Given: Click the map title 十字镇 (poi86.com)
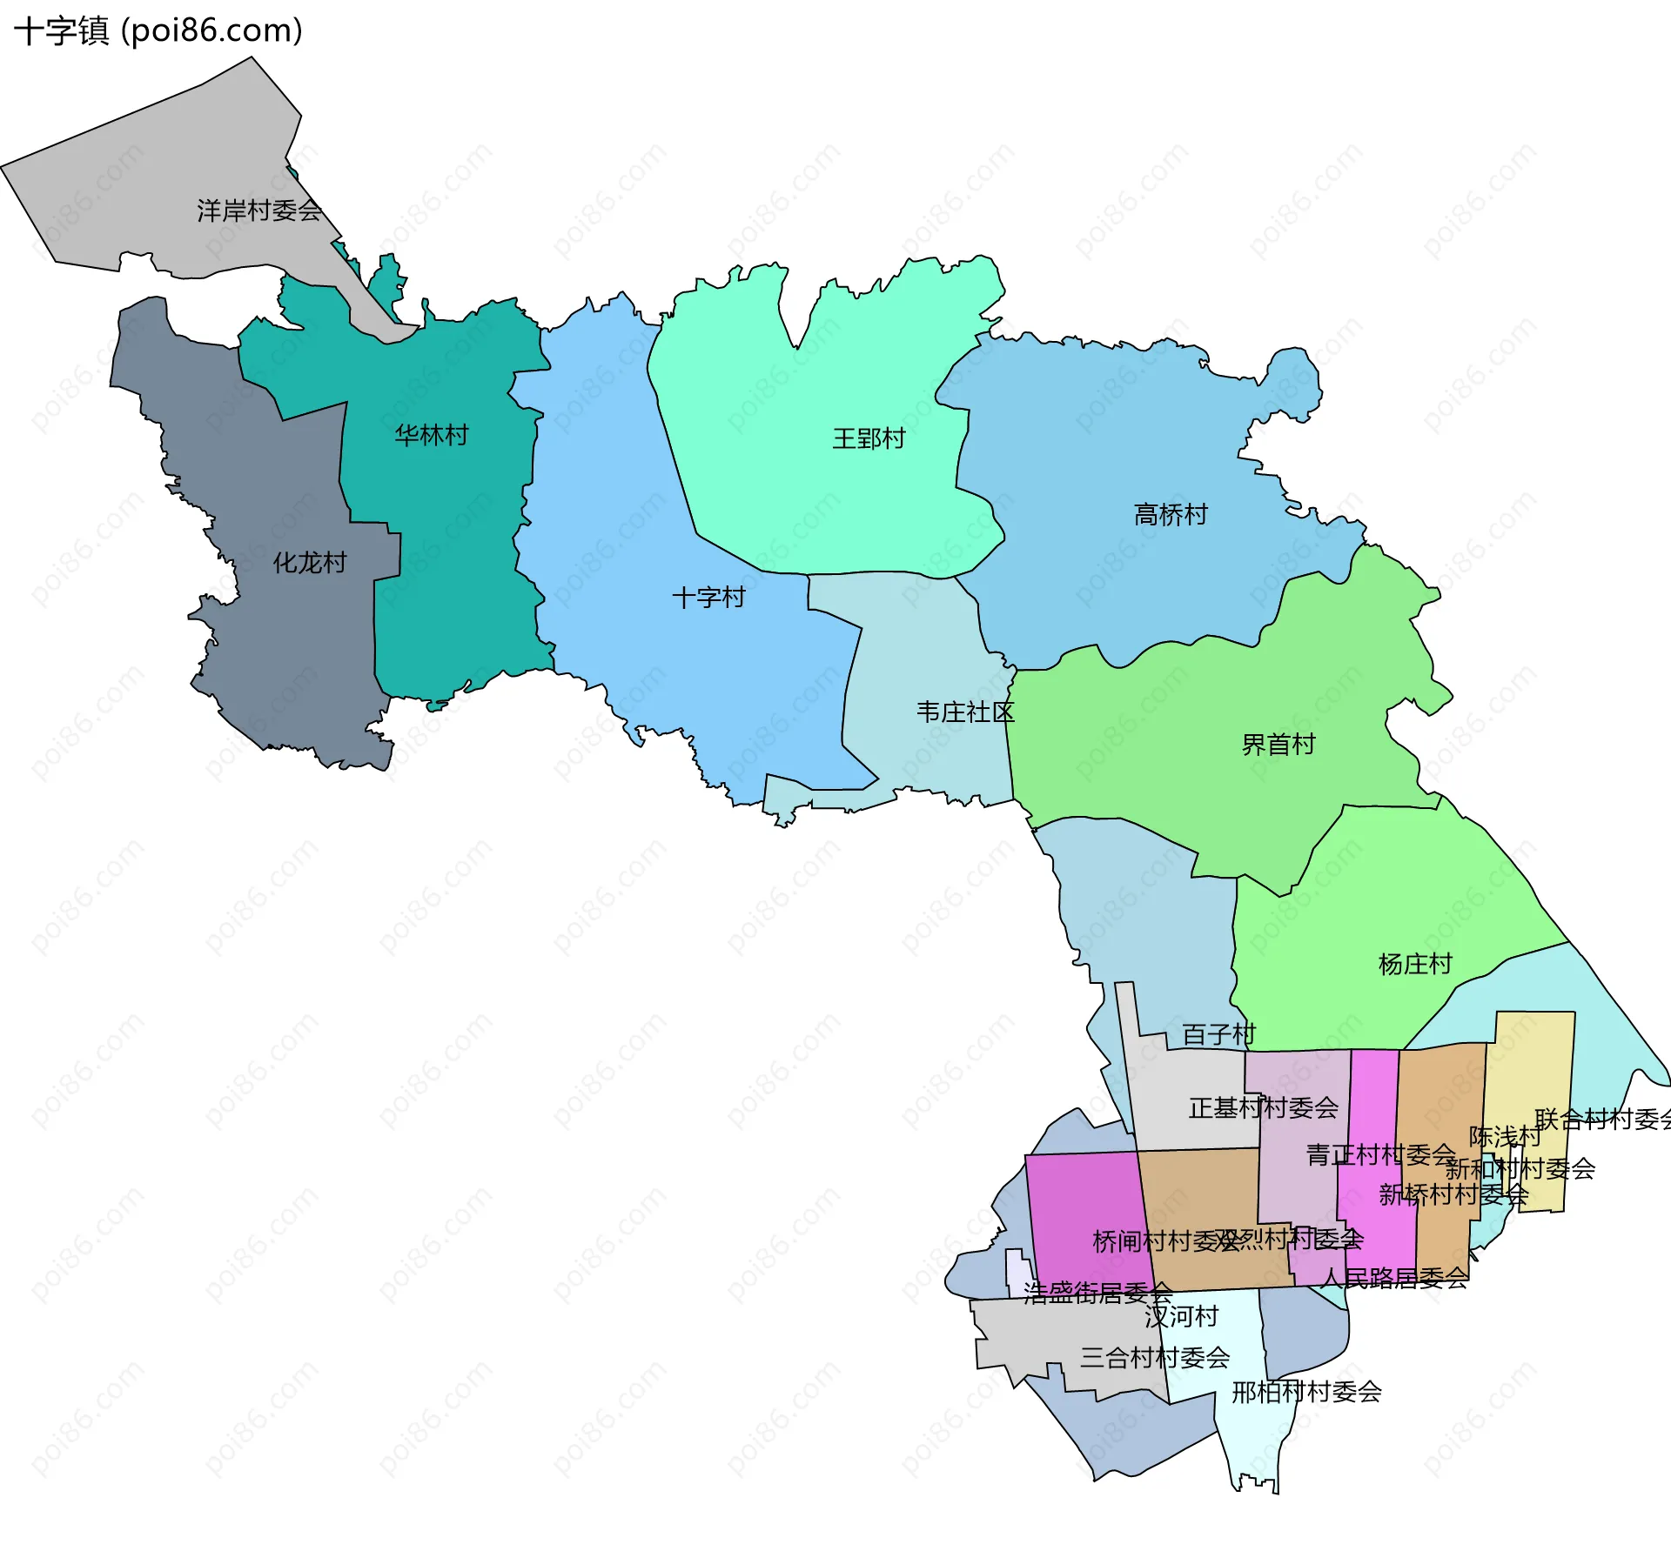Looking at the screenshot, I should point(158,31).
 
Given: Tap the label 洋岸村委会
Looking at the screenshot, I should point(259,211).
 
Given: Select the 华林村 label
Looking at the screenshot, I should point(432,435).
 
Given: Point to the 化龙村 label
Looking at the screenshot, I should point(310,563).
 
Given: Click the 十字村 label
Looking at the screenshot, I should point(708,598).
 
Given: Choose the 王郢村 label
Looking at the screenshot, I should point(869,438).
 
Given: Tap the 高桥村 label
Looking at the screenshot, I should point(1171,515).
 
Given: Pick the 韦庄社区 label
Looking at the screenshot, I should point(965,712).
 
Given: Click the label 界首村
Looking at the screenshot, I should point(1278,745).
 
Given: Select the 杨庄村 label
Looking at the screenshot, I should point(1415,964).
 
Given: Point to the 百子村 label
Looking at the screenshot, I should point(1218,1034).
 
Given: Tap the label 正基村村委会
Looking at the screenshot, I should point(1263,1108).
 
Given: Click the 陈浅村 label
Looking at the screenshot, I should point(1505,1137).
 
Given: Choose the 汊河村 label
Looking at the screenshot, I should point(1181,1317).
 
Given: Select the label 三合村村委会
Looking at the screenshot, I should point(1155,1358).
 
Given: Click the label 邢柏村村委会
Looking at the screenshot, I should point(1306,1393).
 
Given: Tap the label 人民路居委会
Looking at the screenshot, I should point(1393,1278).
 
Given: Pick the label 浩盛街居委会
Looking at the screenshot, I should point(1097,1294).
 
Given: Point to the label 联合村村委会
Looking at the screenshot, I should point(1602,1119).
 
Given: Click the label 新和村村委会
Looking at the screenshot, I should point(1520,1168).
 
